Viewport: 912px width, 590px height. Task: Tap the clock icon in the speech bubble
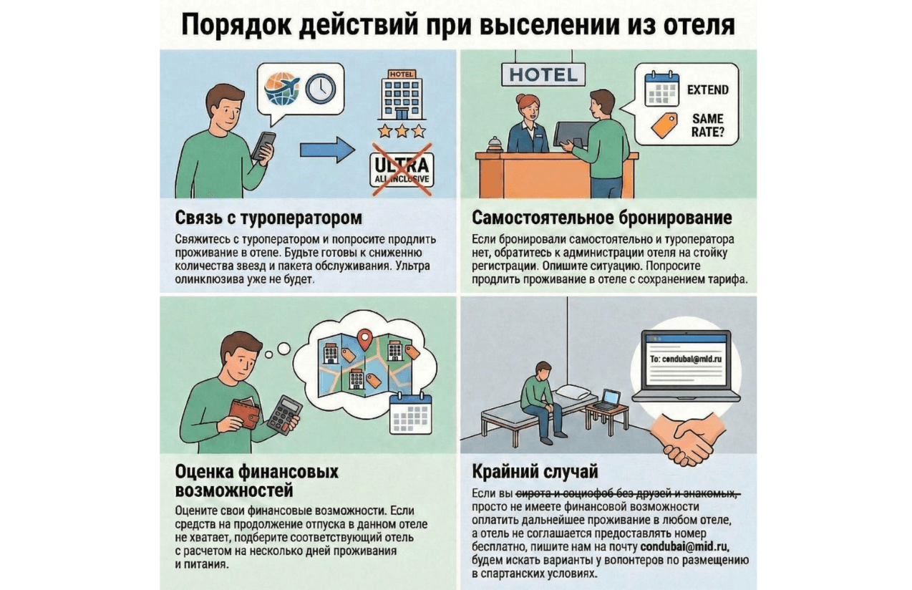tap(319, 88)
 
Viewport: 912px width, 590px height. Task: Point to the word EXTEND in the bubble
tap(707, 90)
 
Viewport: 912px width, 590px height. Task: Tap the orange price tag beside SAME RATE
tap(663, 125)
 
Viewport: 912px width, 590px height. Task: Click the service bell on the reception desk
tap(493, 144)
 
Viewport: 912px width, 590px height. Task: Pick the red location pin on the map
tap(367, 336)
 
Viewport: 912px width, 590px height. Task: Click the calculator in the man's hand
tap(284, 415)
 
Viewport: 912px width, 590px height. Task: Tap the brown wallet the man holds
tap(244, 413)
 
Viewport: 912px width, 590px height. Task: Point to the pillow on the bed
tap(577, 392)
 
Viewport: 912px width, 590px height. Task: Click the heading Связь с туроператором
tap(268, 217)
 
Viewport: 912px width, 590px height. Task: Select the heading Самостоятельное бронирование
tap(602, 217)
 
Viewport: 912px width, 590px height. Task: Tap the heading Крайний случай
tap(535, 472)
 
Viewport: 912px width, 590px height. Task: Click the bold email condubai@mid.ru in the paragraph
tap(685, 548)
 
